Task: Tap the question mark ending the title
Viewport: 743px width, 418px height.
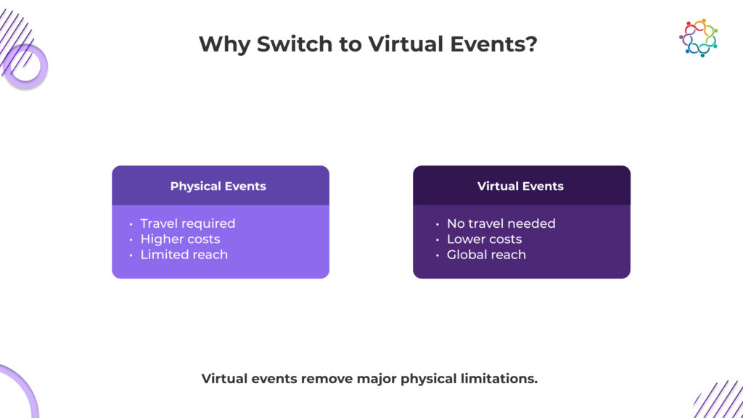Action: click(x=532, y=44)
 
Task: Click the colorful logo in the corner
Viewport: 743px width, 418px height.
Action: click(x=698, y=38)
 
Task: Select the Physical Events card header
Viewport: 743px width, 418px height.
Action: click(x=218, y=186)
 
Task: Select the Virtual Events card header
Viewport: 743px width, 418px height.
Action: click(x=520, y=186)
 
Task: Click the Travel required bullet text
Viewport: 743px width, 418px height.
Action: click(x=188, y=224)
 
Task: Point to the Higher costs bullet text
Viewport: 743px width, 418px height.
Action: click(x=180, y=239)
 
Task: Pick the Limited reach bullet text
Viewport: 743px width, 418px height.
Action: click(x=184, y=255)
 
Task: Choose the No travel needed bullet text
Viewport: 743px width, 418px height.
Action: click(x=501, y=224)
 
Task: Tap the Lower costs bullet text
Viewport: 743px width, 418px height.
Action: click(x=484, y=239)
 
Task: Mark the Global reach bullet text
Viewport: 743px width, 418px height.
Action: click(x=486, y=255)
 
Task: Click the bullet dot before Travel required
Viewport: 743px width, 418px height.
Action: click(x=131, y=224)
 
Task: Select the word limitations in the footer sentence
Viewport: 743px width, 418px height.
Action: click(x=499, y=379)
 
